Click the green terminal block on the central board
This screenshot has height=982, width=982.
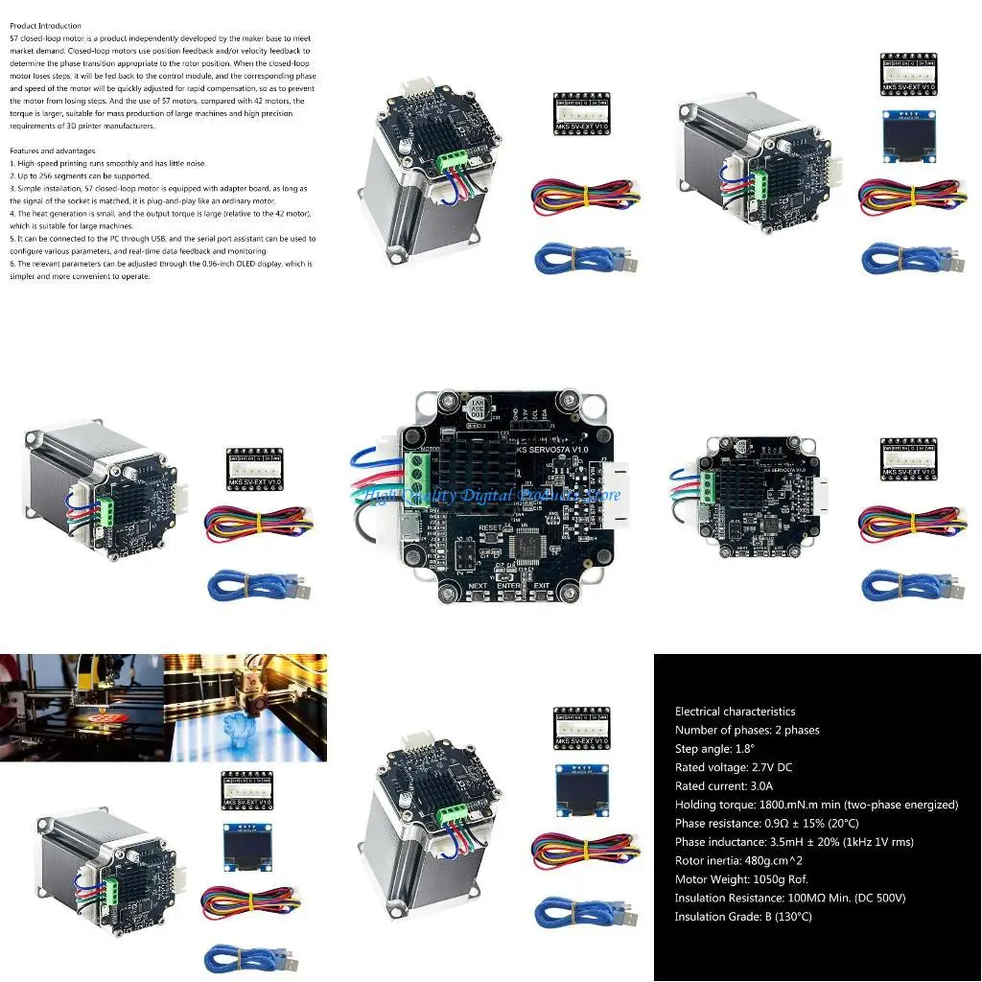(x=418, y=476)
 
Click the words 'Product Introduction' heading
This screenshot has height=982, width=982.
(x=45, y=26)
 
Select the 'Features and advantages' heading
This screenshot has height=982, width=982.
(x=52, y=151)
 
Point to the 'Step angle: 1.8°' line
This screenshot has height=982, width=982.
(x=714, y=749)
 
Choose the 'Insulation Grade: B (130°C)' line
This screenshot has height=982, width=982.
(x=743, y=917)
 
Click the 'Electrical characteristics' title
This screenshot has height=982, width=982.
(x=735, y=712)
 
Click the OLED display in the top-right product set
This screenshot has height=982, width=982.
(x=907, y=129)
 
